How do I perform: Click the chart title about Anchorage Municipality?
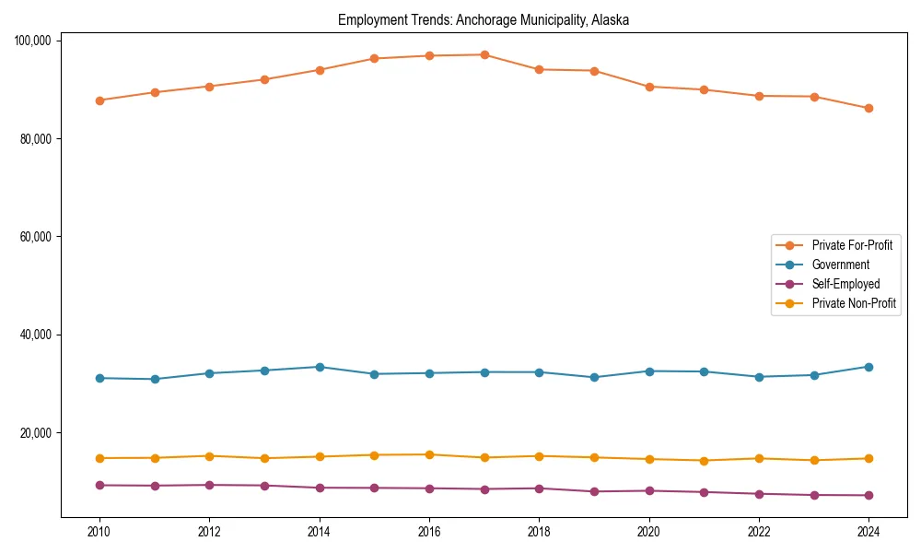[484, 19]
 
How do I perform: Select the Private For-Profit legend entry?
[852, 245]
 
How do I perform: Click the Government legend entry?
[840, 265]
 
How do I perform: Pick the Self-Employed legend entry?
[845, 284]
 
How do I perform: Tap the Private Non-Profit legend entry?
[854, 303]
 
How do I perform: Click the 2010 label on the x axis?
[99, 531]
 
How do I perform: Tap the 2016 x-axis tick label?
[429, 531]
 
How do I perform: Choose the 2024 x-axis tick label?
[869, 531]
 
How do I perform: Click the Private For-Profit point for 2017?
[484, 54]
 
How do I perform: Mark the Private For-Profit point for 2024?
[869, 108]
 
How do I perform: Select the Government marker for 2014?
[320, 367]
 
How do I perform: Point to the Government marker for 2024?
[869, 367]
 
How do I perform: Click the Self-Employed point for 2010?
[99, 485]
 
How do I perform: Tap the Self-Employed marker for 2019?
[594, 491]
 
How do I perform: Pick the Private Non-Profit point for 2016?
[429, 454]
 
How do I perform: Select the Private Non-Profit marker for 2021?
[704, 461]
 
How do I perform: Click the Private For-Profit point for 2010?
[99, 100]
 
